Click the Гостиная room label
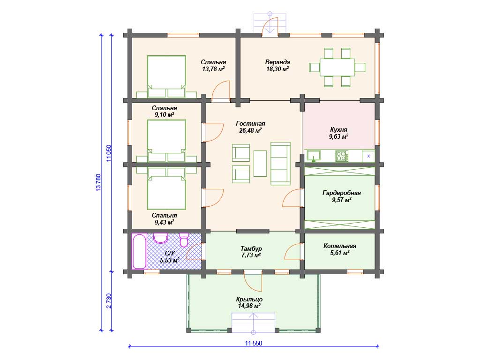click(x=250, y=123)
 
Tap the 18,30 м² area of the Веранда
click(x=277, y=69)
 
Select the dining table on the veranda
click(x=337, y=67)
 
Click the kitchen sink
click(x=314, y=156)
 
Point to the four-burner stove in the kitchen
click(x=342, y=156)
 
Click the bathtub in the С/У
click(x=139, y=252)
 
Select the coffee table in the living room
click(x=260, y=163)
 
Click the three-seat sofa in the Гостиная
click(x=280, y=164)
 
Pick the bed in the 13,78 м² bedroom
click(x=166, y=76)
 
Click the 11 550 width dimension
click(x=254, y=343)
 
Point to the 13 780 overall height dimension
click(x=98, y=183)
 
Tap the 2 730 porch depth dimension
click(x=109, y=301)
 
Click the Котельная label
click(x=340, y=246)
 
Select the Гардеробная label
click(x=342, y=193)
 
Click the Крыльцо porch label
click(x=249, y=299)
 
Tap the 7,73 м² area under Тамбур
click(x=251, y=255)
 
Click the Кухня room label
click(x=338, y=129)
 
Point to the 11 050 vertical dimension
click(x=109, y=153)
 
